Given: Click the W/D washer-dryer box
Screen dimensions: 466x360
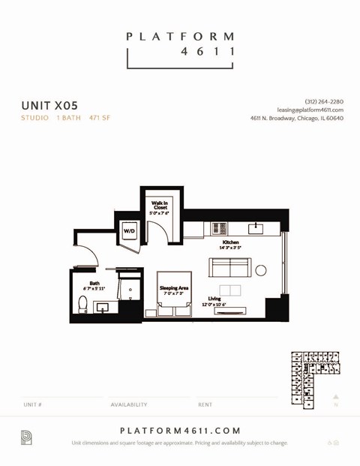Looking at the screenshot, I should (x=129, y=230).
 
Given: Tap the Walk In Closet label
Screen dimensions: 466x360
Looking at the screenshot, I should (x=159, y=207).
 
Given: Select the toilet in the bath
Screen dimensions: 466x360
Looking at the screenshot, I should (x=82, y=304).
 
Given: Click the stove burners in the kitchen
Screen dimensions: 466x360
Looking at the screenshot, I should (x=218, y=228).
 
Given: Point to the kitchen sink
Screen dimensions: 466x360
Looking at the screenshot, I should (x=255, y=227).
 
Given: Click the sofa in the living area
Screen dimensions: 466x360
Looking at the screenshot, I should (x=229, y=268).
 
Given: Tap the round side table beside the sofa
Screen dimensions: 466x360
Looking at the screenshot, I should (x=260, y=270).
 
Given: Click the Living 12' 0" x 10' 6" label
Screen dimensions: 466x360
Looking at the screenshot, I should (x=214, y=302).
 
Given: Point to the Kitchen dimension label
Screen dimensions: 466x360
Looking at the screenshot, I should (x=230, y=245).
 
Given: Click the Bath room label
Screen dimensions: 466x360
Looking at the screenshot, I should (x=94, y=285).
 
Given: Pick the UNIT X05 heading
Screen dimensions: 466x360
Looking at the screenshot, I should (x=49, y=106).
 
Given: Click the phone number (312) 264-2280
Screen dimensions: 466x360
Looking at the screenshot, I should (x=324, y=101).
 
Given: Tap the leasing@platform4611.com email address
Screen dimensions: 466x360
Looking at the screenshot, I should (x=310, y=110).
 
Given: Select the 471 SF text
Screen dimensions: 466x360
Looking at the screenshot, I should (x=100, y=118).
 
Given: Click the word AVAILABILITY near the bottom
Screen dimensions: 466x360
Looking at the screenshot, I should (x=129, y=404).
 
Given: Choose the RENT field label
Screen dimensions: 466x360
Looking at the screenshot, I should (x=205, y=404).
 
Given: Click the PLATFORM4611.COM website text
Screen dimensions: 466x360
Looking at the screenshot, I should (x=180, y=431).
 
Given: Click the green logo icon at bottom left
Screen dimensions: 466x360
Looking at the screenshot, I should (x=26, y=437).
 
